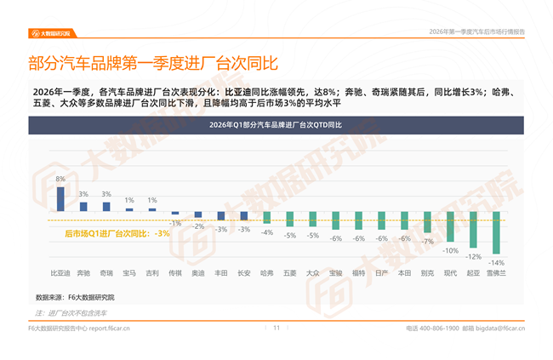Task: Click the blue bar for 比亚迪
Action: (x=60, y=198)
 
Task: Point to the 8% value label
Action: (x=60, y=180)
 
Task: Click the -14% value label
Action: (x=496, y=262)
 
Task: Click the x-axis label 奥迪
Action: (x=197, y=273)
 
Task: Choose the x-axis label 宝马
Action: (x=128, y=273)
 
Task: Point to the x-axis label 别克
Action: (x=427, y=273)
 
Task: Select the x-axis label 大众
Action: (x=312, y=273)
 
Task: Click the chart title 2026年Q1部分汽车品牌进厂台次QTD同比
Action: (x=276, y=125)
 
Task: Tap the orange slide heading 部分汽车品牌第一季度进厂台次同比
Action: (x=153, y=63)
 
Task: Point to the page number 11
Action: (x=276, y=327)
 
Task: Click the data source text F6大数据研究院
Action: (x=92, y=298)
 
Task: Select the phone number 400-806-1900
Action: (x=439, y=328)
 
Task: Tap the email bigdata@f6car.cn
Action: (x=500, y=328)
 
